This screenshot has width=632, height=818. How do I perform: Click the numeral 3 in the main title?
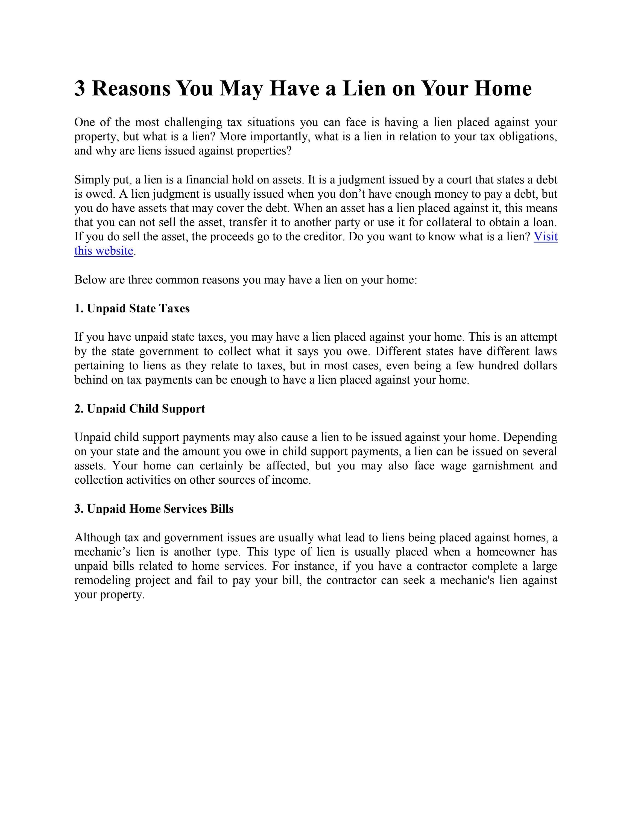coord(80,88)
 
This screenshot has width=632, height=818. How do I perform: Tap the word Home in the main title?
coord(502,88)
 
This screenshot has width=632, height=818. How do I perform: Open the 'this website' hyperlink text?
coord(104,251)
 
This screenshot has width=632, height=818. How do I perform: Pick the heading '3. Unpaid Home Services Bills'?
coord(154,509)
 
